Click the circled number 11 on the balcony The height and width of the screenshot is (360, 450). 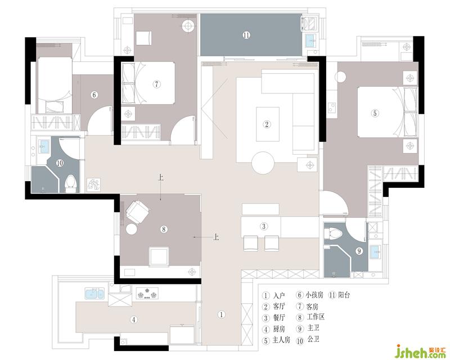point(246,35)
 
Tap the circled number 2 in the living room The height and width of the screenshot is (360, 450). point(267,124)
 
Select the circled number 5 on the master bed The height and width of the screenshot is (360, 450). point(375,114)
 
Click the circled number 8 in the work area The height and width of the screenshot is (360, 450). point(164,229)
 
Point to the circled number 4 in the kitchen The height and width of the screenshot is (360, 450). point(134,319)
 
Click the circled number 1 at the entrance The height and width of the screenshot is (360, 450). point(221,314)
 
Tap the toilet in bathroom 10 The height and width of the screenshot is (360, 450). point(71,184)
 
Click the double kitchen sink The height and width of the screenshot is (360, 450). point(94,294)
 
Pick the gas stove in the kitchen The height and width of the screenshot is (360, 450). point(147,294)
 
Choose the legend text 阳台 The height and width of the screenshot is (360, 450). point(344,295)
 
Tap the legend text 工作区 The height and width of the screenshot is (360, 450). point(316,317)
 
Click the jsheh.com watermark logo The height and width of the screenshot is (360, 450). point(421,352)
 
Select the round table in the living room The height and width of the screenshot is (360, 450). point(263,163)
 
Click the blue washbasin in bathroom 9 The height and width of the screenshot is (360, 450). point(375,251)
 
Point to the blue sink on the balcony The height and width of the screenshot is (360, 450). point(310,40)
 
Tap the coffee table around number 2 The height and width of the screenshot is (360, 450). point(268,124)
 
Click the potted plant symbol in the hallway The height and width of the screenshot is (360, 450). point(93,184)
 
